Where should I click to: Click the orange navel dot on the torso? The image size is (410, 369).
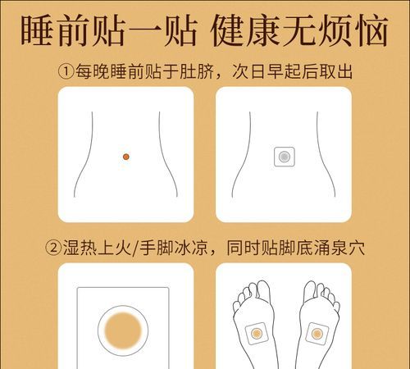click(125, 156)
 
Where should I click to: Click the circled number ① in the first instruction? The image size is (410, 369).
click(66, 72)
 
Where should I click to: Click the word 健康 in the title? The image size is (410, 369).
click(237, 30)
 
